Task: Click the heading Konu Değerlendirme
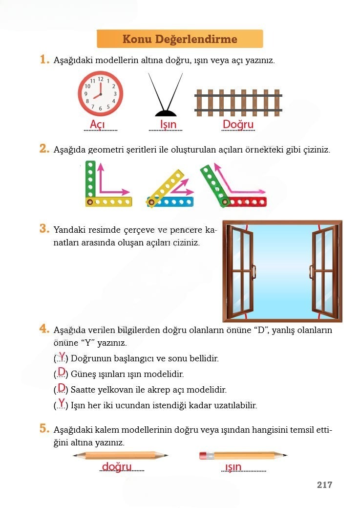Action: click(180, 39)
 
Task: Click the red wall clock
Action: click(101, 93)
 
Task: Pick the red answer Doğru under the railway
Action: click(238, 124)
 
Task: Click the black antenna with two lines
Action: click(166, 95)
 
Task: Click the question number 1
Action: click(44, 60)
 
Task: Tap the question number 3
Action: click(44, 228)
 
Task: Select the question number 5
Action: click(44, 429)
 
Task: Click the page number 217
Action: click(324, 485)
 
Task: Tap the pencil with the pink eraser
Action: click(243, 456)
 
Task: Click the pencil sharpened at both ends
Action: click(121, 456)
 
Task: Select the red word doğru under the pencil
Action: click(117, 467)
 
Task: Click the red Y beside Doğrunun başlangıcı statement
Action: click(62, 356)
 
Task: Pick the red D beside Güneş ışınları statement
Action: click(62, 372)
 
